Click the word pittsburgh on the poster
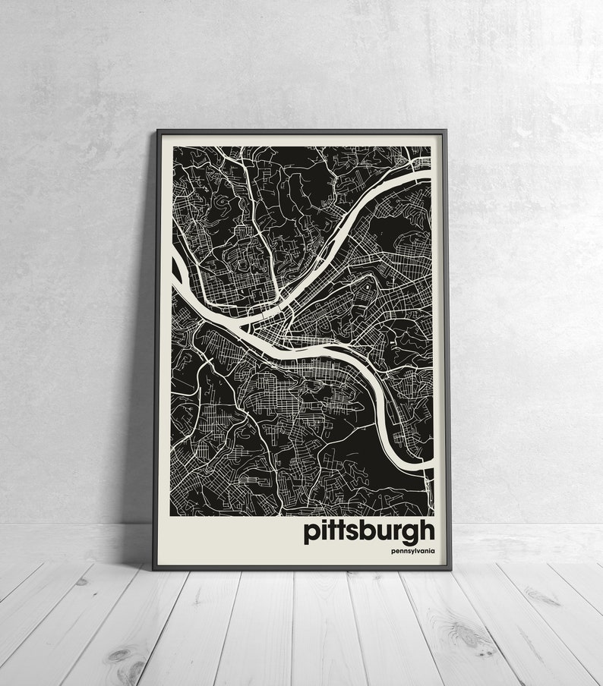point(369,531)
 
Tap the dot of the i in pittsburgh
point(324,521)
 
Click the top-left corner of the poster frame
point(156,131)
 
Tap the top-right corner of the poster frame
point(446,131)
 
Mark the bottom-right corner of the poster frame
point(450,568)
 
